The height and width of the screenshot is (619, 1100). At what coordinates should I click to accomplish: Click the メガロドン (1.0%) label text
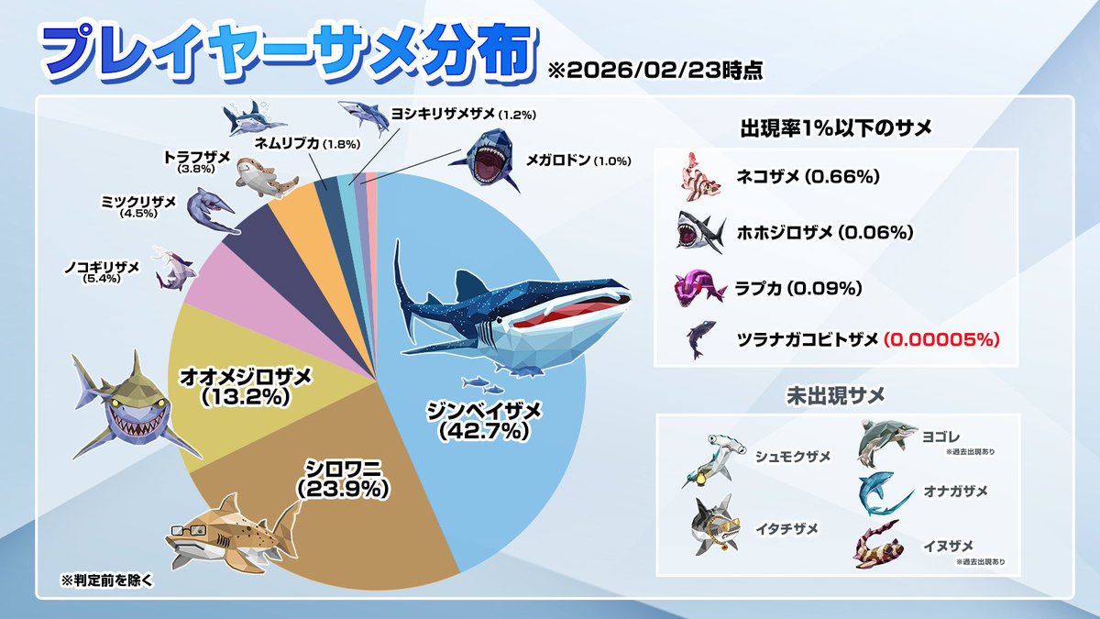(x=577, y=160)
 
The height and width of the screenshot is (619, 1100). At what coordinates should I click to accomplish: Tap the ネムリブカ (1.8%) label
(x=307, y=143)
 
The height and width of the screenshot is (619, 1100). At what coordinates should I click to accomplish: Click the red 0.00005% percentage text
(x=940, y=339)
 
